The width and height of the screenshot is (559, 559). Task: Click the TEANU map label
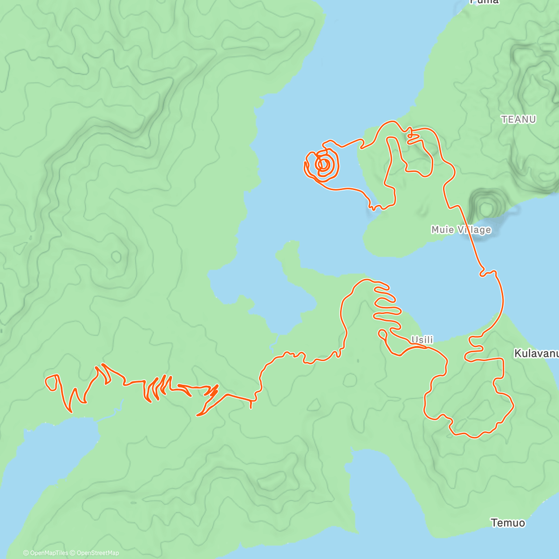518,119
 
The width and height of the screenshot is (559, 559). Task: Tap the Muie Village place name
461,230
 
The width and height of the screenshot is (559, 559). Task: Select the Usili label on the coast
422,340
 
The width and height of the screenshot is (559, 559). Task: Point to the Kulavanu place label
536,354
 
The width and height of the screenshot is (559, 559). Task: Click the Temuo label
508,523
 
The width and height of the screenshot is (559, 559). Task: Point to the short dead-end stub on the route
252,404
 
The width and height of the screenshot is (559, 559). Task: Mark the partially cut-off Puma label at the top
484,2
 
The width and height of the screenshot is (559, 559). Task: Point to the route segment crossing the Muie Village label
469,229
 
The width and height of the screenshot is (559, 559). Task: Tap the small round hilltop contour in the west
116,256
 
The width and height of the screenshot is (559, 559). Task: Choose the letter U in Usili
414,340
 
